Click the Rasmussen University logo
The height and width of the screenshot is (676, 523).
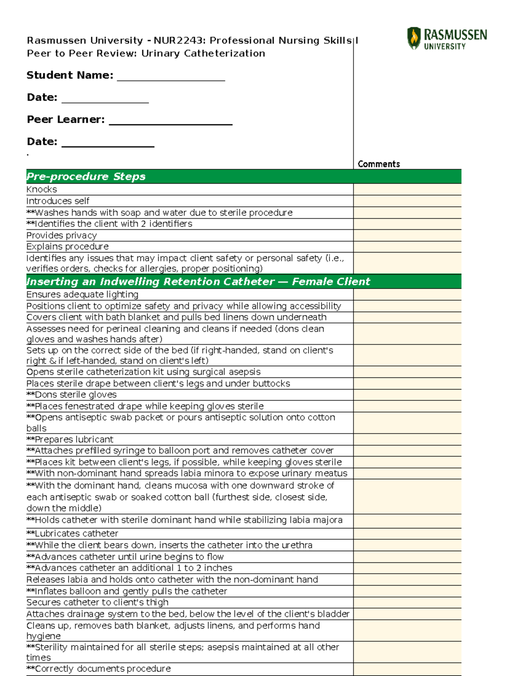click(x=447, y=39)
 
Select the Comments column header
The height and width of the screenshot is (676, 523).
click(x=378, y=164)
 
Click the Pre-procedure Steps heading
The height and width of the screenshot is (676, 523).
click(x=86, y=176)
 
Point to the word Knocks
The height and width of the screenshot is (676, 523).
click(x=42, y=189)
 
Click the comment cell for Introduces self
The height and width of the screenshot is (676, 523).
click(x=407, y=201)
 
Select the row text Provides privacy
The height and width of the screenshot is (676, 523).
click(x=61, y=235)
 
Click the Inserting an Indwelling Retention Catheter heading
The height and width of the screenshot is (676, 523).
click(x=198, y=282)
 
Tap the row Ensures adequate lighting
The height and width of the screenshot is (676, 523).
click(x=82, y=295)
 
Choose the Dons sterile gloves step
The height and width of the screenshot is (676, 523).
click(x=72, y=395)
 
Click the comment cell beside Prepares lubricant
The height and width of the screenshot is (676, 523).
click(x=407, y=439)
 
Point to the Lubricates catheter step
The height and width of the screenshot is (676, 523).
click(x=72, y=533)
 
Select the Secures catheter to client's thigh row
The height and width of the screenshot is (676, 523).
click(x=97, y=602)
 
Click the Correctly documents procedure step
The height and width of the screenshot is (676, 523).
click(x=98, y=669)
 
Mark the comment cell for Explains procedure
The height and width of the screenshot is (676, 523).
click(x=407, y=247)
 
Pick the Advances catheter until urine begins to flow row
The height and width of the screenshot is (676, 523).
click(x=125, y=557)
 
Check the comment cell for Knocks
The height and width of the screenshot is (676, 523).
click(x=407, y=189)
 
